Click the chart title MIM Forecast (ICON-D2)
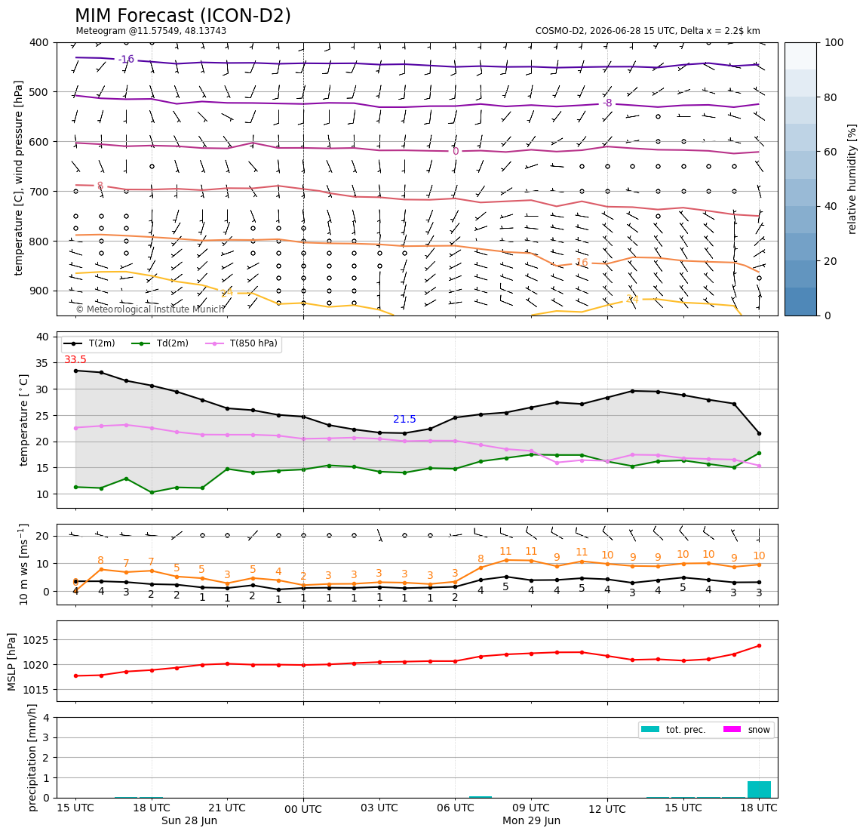click(183, 16)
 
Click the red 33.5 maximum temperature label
click(75, 360)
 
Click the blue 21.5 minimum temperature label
click(404, 420)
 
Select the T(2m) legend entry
click(90, 343)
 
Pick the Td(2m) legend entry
click(160, 343)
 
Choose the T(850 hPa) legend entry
click(242, 343)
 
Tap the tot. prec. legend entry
click(673, 730)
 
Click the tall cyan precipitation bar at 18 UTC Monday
click(759, 789)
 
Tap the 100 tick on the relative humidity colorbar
click(834, 42)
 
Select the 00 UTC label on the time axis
click(303, 809)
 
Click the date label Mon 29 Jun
click(531, 820)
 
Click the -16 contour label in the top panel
click(126, 59)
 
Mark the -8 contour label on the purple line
click(607, 103)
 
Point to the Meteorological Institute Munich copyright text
click(150, 309)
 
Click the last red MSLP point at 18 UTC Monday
click(759, 645)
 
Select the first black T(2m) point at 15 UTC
click(75, 371)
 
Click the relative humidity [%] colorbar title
click(852, 179)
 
